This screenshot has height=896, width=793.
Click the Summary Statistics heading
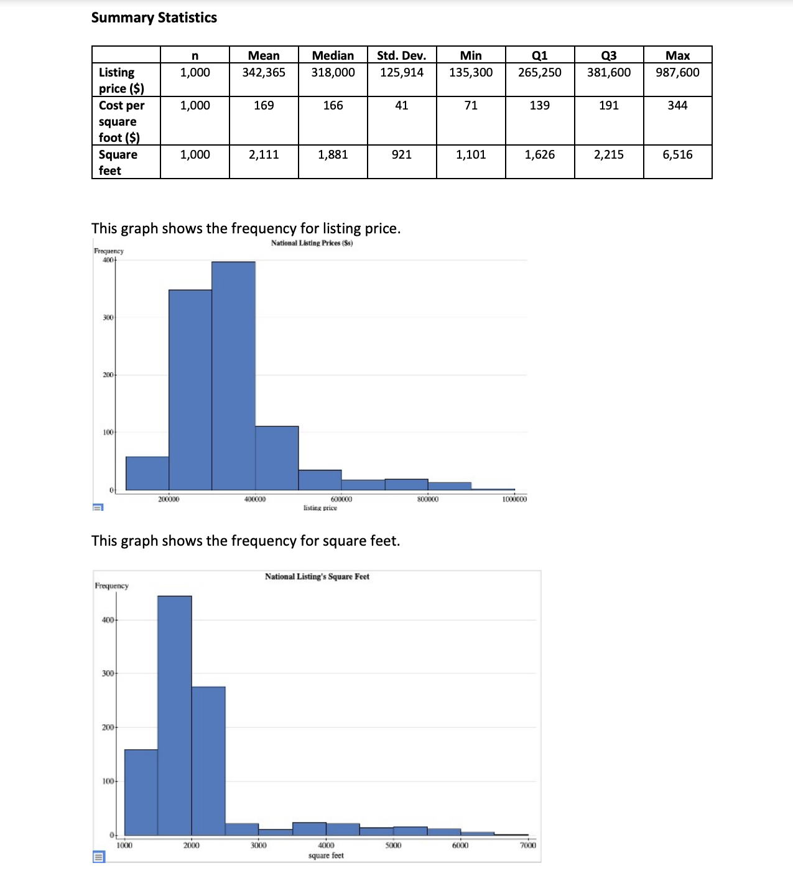pos(154,17)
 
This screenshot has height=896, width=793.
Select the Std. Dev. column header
pos(401,55)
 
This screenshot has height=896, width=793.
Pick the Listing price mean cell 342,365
pos(264,72)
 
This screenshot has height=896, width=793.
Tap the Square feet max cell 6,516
pos(677,154)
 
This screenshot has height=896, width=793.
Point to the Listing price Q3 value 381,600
pos(608,72)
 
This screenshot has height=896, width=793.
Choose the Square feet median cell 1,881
pos(333,154)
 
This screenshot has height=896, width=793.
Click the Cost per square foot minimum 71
pos(471,105)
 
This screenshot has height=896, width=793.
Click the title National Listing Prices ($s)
pos(312,243)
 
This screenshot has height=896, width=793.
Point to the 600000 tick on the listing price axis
pos(341,499)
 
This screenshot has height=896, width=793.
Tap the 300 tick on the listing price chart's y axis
pos(108,317)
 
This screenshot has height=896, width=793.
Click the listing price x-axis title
pos(320,508)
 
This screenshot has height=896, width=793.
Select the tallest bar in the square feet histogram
pos(174,716)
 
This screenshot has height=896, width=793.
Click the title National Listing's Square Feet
pos(317,577)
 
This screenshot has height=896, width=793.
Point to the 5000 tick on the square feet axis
pos(393,845)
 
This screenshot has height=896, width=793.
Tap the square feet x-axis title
pos(326,856)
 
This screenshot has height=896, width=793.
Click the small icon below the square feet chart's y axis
pos(98,857)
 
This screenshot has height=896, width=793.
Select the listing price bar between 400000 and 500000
pos(277,458)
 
